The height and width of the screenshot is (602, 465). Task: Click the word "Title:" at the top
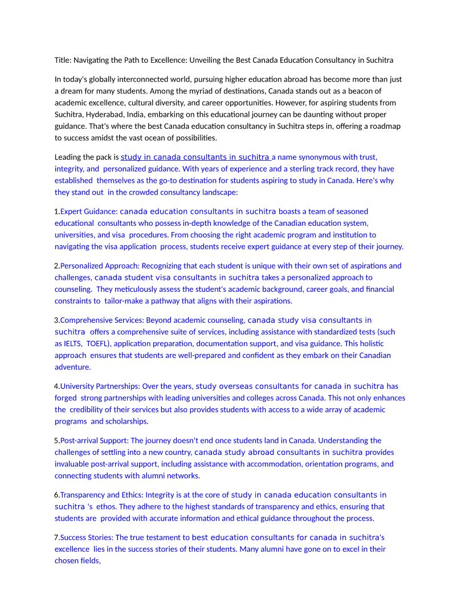tap(64, 60)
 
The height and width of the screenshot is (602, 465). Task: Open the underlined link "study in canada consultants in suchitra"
tap(195, 157)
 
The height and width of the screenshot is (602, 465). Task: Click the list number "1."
tap(57, 211)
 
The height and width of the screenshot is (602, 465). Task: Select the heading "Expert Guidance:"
tap(89, 211)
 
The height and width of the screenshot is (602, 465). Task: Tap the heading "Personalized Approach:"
tap(100, 266)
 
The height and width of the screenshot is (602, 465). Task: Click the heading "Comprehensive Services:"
tap(103, 320)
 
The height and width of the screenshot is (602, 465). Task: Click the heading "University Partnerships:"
tap(100, 387)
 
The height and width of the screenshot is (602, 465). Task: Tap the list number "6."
tap(57, 495)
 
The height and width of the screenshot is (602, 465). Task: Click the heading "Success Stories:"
tap(87, 538)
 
